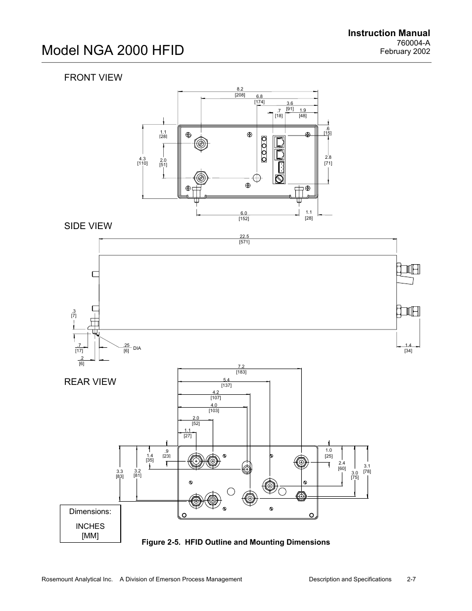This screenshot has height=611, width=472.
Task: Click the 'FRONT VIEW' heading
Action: tap(93, 77)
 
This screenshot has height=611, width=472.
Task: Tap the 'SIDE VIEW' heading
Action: tap(88, 226)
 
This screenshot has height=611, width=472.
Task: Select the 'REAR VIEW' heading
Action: tap(90, 381)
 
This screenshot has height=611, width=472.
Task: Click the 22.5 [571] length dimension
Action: tap(244, 239)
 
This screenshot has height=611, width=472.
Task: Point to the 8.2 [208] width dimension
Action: tap(240, 92)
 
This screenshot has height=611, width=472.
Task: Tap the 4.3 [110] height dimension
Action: tap(142, 161)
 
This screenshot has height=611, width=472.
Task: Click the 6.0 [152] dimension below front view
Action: tap(244, 216)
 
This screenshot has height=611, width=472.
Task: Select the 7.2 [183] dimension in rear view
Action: tap(241, 369)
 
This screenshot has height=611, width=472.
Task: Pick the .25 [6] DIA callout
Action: tap(132, 348)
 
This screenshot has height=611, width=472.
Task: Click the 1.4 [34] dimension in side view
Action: tap(408, 348)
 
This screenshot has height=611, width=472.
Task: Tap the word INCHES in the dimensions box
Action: tap(90, 526)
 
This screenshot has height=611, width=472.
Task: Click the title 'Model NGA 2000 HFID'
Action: tap(113, 50)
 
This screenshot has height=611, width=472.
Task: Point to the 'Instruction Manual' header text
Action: tap(389, 33)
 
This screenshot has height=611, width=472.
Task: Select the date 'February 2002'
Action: tap(405, 51)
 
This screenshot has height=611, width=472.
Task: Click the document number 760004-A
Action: tap(413, 43)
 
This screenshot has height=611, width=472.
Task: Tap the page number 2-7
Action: tap(411, 579)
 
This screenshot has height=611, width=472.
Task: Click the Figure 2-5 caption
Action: tap(236, 542)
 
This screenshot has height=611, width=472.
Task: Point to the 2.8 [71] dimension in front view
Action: tap(328, 160)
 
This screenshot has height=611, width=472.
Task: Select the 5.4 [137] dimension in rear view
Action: tap(226, 383)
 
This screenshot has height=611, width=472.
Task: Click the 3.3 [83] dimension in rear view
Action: tap(120, 474)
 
